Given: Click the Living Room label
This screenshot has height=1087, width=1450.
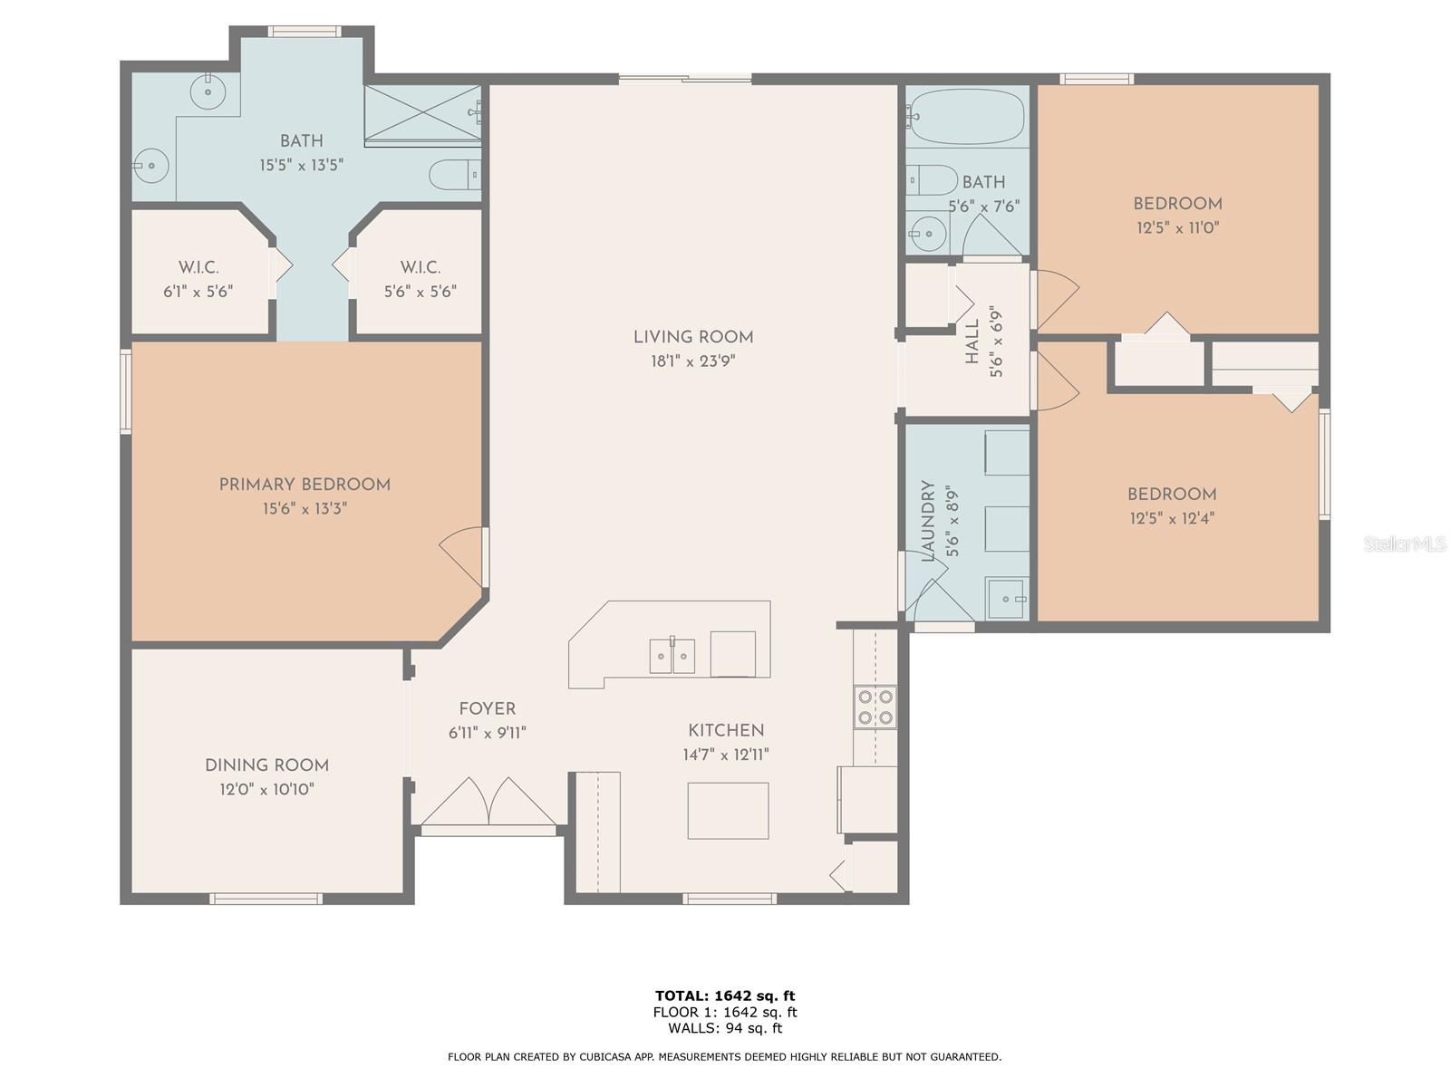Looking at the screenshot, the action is tap(693, 337).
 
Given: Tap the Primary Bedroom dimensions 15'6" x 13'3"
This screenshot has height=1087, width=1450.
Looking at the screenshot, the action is tap(304, 508).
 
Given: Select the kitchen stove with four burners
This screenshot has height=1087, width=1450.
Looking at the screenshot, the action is tap(875, 707).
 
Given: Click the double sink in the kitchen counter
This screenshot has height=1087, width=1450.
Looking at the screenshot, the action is tap(672, 655).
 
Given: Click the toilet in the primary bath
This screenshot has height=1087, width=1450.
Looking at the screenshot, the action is tap(455, 175).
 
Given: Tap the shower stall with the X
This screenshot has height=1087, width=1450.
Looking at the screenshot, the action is tap(423, 113).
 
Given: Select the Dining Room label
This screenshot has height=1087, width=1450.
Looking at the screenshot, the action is tap(266, 765).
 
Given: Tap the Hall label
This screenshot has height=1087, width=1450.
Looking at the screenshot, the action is tap(971, 341).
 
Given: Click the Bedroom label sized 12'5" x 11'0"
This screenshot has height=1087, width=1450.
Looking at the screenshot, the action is tap(1178, 204).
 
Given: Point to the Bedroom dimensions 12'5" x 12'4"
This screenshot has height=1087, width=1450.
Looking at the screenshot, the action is tap(1172, 518).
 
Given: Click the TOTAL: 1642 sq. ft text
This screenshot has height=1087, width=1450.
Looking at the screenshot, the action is tap(725, 996).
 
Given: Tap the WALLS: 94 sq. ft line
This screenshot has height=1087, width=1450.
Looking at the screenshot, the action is tap(725, 1027).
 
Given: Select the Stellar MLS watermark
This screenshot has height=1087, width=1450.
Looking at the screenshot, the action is tap(1405, 543).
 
